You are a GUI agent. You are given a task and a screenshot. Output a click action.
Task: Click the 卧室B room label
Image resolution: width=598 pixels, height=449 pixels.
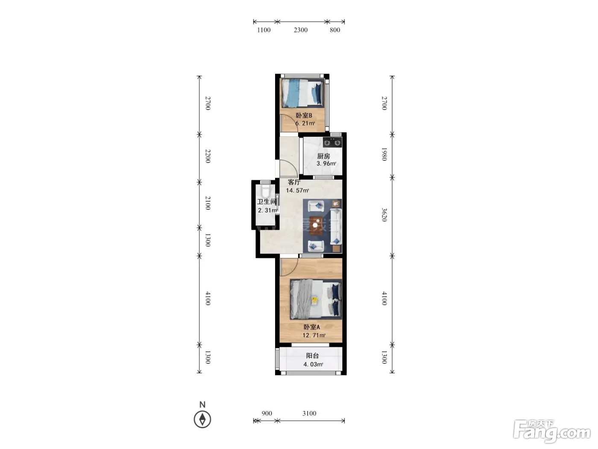tap(304, 115)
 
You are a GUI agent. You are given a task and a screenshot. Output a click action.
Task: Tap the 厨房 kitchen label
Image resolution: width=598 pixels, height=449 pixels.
tap(323, 156)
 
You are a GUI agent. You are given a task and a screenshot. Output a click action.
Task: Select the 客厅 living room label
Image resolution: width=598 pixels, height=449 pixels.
tap(294, 182)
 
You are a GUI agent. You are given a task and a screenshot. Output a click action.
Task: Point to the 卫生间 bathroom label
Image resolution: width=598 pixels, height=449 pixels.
tap(267, 202)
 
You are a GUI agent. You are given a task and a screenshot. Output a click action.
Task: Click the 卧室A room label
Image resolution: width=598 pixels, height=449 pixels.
tap(312, 327)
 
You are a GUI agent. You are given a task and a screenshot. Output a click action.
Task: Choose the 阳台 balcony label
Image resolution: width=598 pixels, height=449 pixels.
tap(312, 355)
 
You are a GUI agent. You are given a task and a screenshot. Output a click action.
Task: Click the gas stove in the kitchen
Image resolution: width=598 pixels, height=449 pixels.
tap(332, 142)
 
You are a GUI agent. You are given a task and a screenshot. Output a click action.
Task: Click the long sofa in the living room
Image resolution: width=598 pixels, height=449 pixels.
tap(336, 226)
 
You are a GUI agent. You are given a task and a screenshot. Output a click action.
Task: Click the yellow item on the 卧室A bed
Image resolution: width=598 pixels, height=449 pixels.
tap(315, 301)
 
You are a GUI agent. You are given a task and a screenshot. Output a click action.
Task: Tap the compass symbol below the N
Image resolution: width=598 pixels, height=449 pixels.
tap(202, 419)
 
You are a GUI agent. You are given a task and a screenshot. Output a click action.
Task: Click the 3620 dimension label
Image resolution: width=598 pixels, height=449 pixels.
tap(384, 215)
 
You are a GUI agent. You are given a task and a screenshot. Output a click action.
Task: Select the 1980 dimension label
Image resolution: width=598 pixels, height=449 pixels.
tap(384, 154)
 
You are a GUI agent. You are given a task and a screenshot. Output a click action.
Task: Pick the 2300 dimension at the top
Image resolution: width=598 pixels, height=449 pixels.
tap(301, 30)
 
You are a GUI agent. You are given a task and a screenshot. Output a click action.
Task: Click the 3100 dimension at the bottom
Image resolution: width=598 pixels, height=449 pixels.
tap(309, 413)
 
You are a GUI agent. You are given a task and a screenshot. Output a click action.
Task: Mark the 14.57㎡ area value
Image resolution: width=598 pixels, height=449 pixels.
tap(297, 190)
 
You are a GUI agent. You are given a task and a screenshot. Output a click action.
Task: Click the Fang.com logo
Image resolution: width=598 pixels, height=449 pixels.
tap(552, 431)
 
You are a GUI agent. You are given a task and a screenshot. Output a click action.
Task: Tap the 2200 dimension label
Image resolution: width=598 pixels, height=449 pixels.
tap(208, 156)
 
